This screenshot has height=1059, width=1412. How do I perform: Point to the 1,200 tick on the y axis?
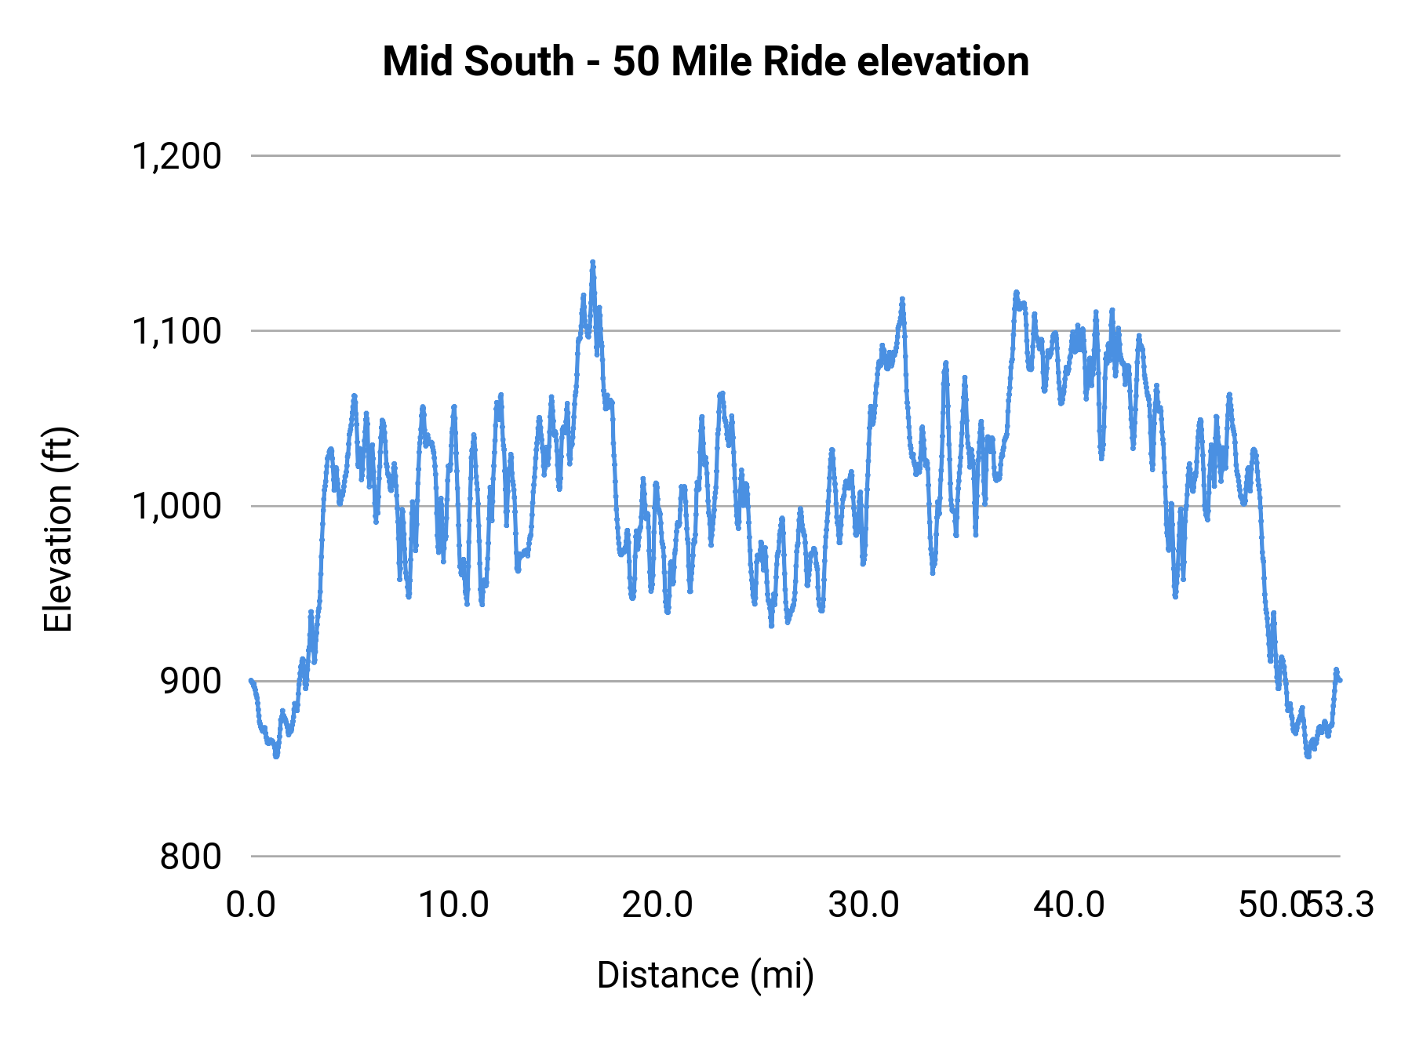pos(176,156)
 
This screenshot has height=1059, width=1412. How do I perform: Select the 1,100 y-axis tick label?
pos(176,332)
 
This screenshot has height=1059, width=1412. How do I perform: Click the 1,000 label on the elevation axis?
pos(176,507)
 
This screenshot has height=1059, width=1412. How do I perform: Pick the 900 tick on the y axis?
pos(191,682)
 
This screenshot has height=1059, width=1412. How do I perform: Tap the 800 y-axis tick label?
pos(191,857)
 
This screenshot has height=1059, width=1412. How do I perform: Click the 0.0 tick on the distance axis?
pos(251,905)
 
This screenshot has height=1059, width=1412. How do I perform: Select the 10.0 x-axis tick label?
pos(453,905)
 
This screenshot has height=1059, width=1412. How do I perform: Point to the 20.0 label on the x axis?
pos(657,905)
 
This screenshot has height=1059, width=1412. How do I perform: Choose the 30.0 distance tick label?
pos(863,905)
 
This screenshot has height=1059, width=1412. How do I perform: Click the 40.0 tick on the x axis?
pos(1068,905)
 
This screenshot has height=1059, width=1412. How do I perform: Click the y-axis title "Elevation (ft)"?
pos(58,529)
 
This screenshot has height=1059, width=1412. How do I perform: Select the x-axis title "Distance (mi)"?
pos(705,975)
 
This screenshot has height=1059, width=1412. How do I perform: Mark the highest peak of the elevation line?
pos(592,262)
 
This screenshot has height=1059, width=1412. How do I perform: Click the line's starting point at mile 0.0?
pos(251,680)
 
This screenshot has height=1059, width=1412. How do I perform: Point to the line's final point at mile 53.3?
pos(1340,680)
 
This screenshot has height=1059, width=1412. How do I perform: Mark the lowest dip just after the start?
pos(276,755)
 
